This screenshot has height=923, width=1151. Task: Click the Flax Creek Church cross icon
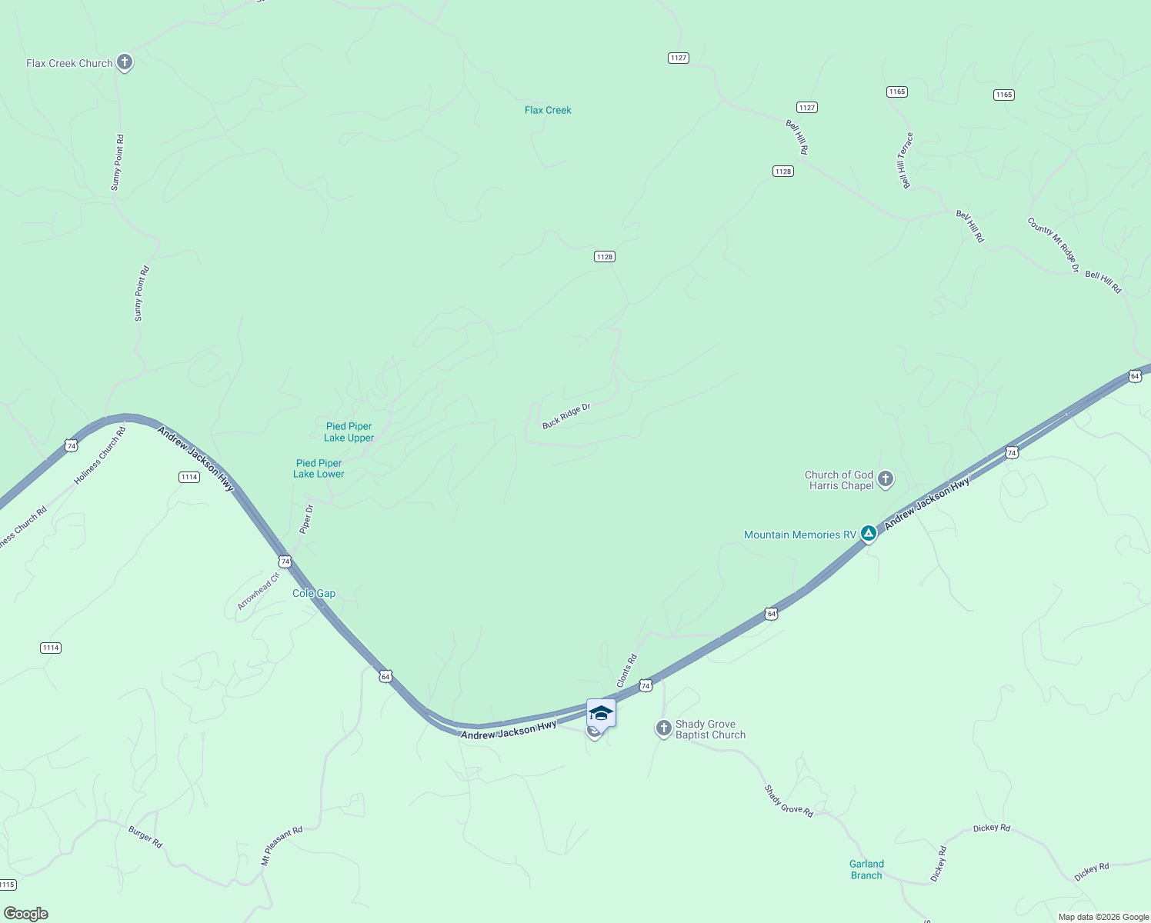click(x=125, y=63)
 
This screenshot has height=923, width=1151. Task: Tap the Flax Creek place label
click(x=548, y=110)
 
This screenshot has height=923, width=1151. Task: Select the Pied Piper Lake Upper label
click(x=349, y=432)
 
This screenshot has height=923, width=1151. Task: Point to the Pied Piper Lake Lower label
click(x=319, y=468)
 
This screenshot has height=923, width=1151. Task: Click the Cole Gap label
click(x=314, y=593)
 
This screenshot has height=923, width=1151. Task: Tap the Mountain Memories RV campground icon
click(x=869, y=533)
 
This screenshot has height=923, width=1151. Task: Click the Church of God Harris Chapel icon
click(x=886, y=479)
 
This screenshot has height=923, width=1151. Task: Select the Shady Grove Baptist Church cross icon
click(x=664, y=728)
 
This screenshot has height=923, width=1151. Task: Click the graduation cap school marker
click(x=601, y=714)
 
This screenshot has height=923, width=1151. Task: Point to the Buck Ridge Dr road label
click(x=566, y=415)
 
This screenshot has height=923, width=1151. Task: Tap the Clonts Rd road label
click(x=627, y=671)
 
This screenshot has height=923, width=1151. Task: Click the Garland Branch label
click(x=866, y=869)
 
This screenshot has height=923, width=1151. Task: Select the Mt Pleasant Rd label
click(x=282, y=846)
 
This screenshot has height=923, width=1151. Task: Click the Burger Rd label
click(x=145, y=837)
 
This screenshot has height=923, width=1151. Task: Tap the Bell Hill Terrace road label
click(x=906, y=161)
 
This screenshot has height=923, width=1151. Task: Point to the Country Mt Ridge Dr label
click(x=1053, y=244)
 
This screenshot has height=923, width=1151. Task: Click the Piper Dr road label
click(x=306, y=519)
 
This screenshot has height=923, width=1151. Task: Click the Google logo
click(x=26, y=914)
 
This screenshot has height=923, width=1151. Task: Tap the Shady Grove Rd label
click(x=789, y=801)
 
